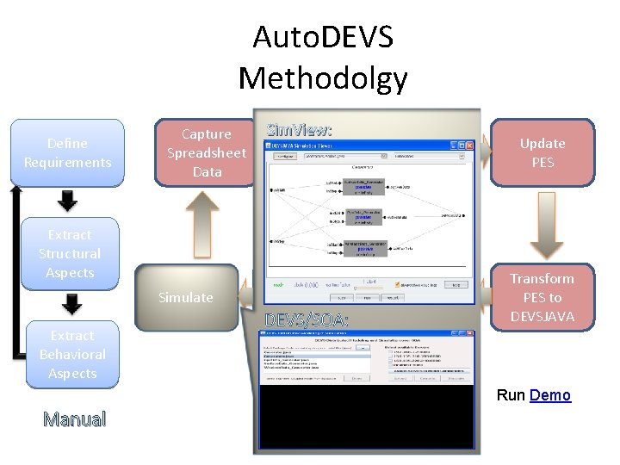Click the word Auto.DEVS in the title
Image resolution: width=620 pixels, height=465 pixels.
pyautogui.click(x=322, y=38)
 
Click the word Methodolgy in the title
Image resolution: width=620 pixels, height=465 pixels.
pyautogui.click(x=322, y=78)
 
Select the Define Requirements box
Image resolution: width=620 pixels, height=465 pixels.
pyautogui.click(x=67, y=153)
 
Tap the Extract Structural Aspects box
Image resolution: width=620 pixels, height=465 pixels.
pyautogui.click(x=69, y=253)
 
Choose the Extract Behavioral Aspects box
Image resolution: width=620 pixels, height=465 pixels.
pyautogui.click(x=72, y=354)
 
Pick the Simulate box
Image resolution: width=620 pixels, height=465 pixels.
pyautogui.click(x=185, y=298)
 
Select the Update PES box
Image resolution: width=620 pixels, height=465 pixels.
pyautogui.click(x=542, y=153)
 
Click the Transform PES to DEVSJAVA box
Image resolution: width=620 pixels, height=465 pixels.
pyautogui.click(x=542, y=297)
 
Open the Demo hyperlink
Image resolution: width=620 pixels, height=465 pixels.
pyautogui.click(x=550, y=395)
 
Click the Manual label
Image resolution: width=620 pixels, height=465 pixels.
pyautogui.click(x=75, y=420)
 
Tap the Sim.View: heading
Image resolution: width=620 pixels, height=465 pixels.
pyautogui.click(x=299, y=130)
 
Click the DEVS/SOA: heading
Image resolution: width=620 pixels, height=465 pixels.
pyautogui.click(x=307, y=320)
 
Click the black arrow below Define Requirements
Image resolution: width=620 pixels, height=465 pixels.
pyautogui.click(x=67, y=201)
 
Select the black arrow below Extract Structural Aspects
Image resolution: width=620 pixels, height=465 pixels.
pyautogui.click(x=72, y=303)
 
